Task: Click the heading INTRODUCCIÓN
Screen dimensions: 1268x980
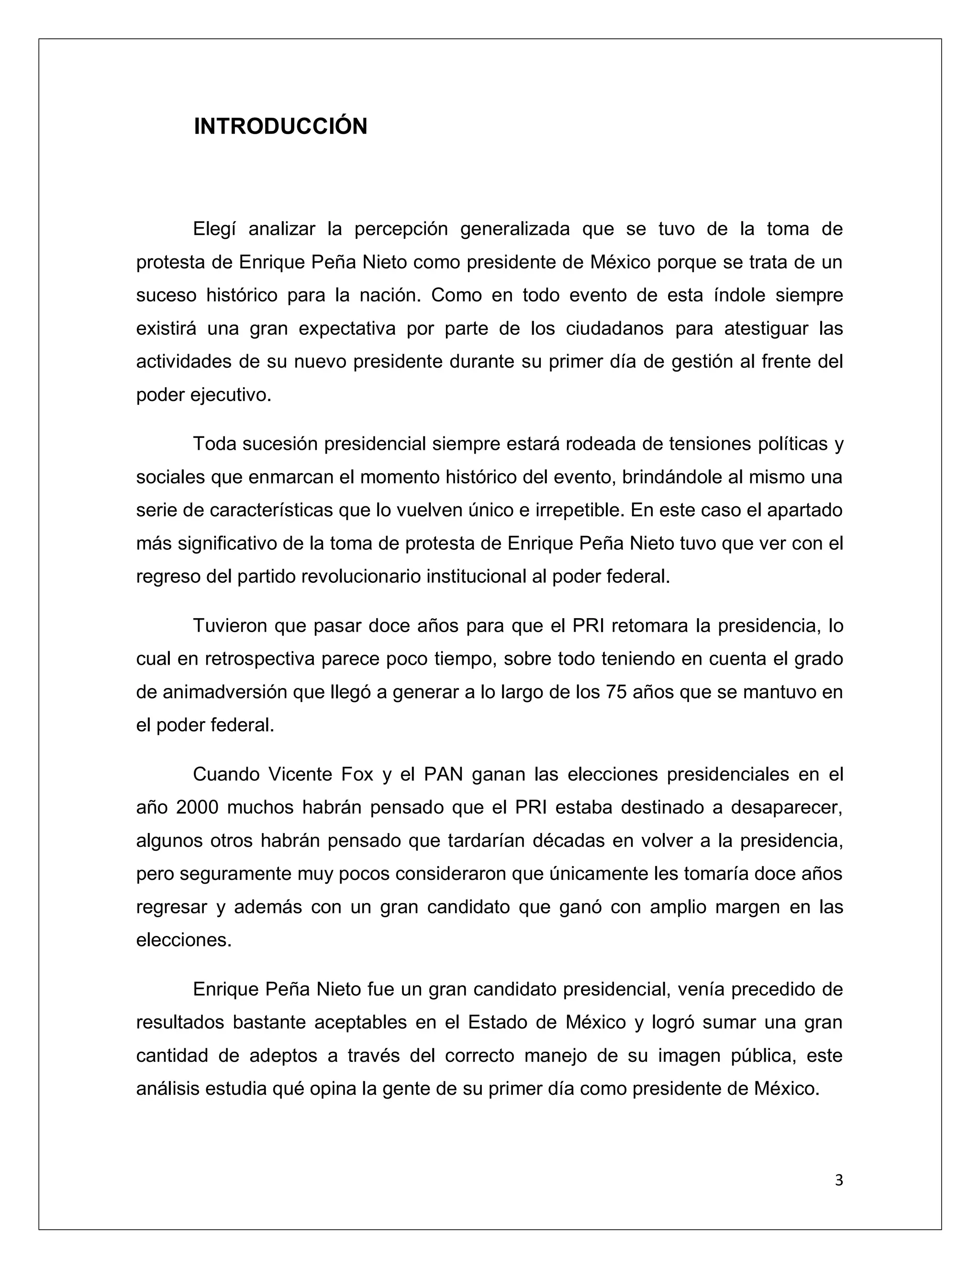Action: tap(280, 127)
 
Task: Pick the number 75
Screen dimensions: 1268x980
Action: tap(615, 692)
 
